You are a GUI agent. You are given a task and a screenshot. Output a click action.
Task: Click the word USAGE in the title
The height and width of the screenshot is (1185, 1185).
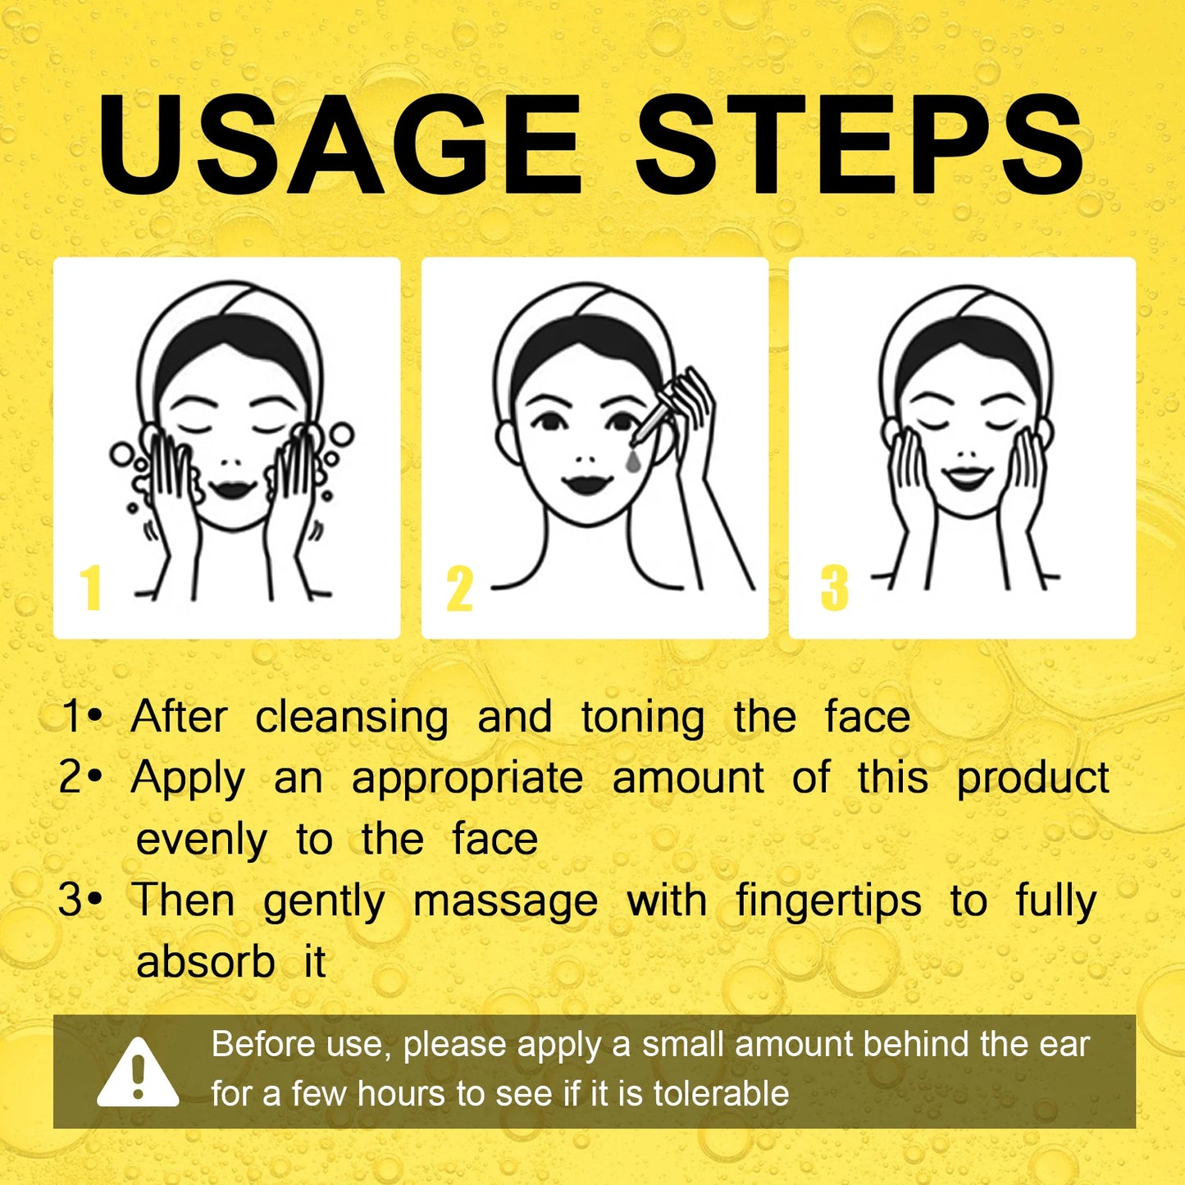340,146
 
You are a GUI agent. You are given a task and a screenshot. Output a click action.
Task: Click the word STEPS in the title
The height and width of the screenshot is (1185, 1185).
859,146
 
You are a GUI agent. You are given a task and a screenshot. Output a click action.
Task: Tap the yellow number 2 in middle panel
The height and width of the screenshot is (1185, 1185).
460,589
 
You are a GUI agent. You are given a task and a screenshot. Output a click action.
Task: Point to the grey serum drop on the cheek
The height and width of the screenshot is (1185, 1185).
633,459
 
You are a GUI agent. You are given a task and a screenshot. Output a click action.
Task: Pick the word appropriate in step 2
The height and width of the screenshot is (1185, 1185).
467,779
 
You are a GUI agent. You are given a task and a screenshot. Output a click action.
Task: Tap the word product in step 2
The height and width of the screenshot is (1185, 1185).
1032,778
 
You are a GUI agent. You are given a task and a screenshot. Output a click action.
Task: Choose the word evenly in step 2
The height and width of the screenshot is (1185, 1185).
201,840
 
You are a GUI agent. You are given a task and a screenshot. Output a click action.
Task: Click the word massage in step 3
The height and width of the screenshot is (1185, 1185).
505,901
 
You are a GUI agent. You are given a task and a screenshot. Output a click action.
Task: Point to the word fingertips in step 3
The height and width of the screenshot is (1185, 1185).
828,901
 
